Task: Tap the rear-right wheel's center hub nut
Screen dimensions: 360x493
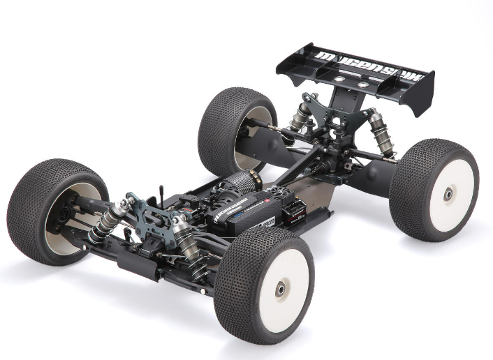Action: click(x=448, y=194)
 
